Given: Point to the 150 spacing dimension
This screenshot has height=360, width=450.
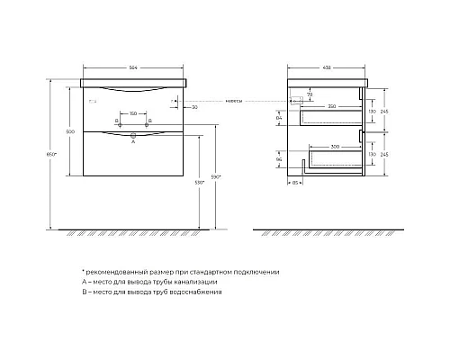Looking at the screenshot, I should coord(133,113).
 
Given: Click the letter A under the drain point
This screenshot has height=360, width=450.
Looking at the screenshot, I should coord(133,142).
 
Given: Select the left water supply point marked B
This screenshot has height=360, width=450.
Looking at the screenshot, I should coord(117,120).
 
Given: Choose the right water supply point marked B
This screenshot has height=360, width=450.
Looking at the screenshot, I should coord(149,120).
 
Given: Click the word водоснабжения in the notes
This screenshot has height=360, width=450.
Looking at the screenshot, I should coord(193,292).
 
